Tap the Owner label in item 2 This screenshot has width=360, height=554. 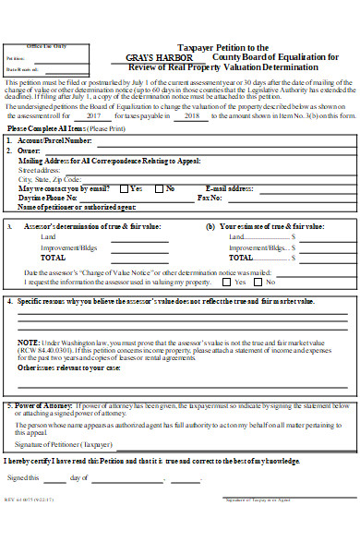coord(30,150)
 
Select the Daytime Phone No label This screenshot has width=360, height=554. coord(47,198)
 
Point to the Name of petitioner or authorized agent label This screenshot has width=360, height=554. coord(71,207)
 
